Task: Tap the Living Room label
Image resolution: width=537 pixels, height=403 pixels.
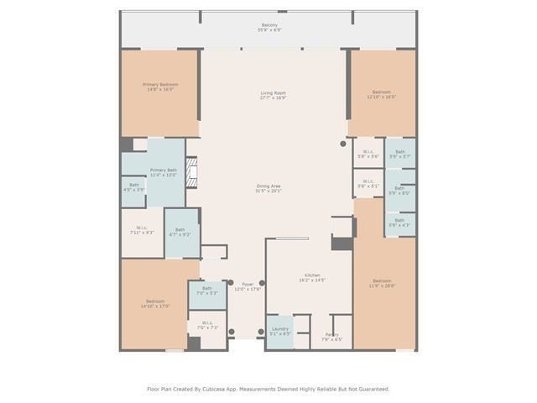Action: click(x=273, y=95)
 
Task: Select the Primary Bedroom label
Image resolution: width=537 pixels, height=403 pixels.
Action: click(x=159, y=86)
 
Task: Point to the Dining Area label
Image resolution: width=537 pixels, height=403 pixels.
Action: click(x=268, y=188)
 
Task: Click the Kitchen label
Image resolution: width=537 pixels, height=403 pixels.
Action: click(x=311, y=278)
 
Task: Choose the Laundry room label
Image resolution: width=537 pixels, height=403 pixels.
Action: click(x=279, y=331)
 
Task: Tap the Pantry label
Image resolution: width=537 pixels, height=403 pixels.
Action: click(x=331, y=337)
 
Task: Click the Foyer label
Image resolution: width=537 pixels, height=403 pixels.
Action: click(x=248, y=286)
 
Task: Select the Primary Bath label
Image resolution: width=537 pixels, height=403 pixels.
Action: click(x=164, y=172)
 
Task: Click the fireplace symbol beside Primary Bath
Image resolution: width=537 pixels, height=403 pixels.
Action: click(x=192, y=172)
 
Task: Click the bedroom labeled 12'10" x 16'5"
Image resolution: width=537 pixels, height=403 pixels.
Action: click(x=382, y=94)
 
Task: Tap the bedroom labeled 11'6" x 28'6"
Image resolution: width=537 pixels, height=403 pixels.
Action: click(x=382, y=283)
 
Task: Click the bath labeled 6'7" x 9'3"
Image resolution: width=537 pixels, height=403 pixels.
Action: click(x=180, y=232)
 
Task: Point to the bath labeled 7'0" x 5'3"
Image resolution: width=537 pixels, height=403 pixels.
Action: click(x=206, y=290)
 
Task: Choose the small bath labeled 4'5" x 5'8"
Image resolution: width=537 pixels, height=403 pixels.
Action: click(x=133, y=187)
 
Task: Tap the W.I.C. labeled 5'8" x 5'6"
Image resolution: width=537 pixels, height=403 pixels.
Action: click(x=368, y=154)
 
